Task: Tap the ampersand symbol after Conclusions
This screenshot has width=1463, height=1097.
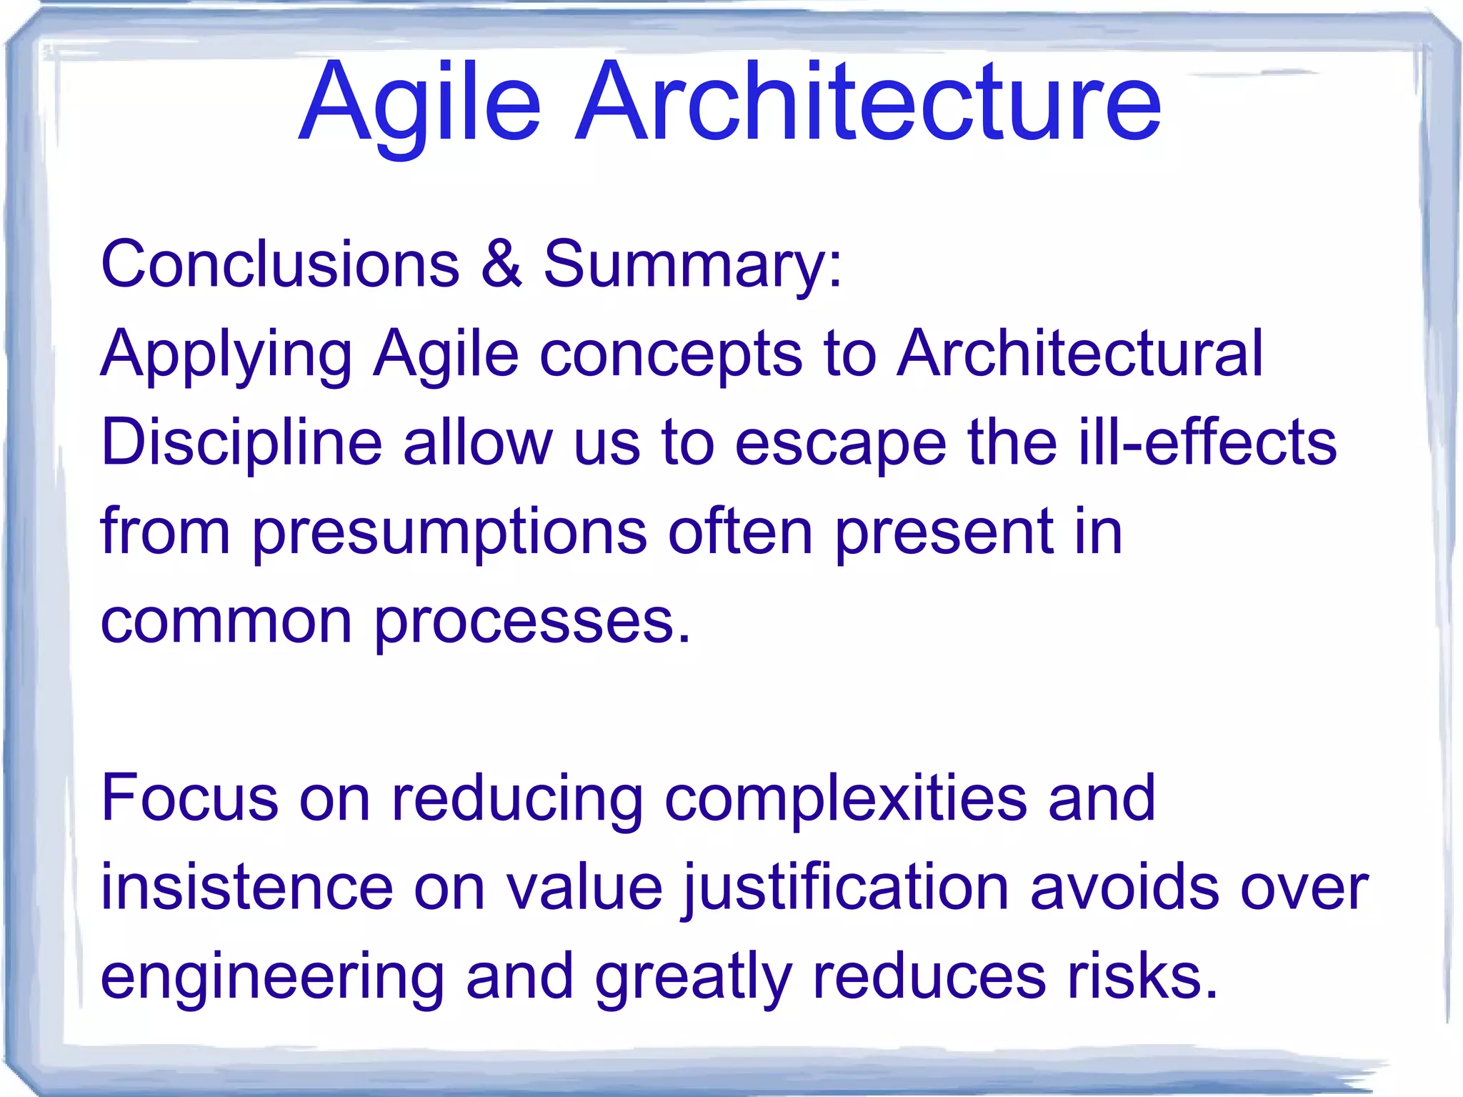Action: (501, 264)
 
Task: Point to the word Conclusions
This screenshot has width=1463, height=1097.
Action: (280, 264)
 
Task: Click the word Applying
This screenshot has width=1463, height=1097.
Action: (226, 354)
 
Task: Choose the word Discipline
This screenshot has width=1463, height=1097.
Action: (241, 443)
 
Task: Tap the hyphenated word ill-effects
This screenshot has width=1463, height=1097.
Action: (1207, 442)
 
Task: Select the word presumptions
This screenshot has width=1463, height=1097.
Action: (449, 533)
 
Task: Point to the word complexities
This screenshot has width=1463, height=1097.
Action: (846, 800)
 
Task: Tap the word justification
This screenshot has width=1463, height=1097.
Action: (846, 888)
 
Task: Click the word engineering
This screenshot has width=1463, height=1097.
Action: (272, 978)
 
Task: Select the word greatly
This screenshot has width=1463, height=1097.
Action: (693, 978)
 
